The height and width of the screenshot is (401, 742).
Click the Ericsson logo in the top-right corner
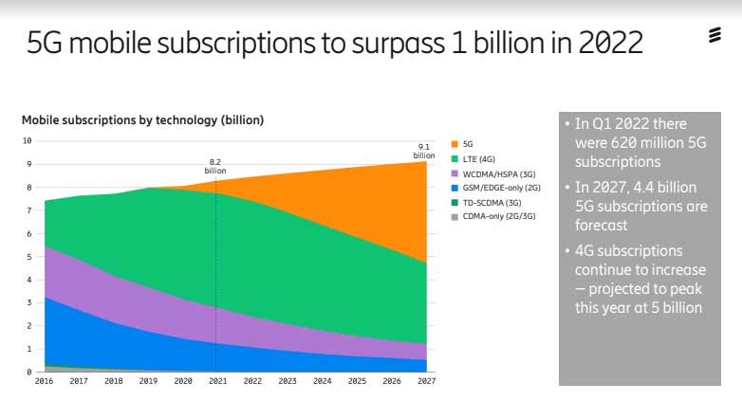pyautogui.click(x=714, y=37)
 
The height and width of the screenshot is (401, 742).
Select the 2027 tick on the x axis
pyautogui.click(x=425, y=382)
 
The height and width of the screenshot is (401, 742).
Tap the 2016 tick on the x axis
pyautogui.click(x=44, y=382)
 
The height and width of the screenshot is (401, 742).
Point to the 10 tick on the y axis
pyautogui.click(x=28, y=140)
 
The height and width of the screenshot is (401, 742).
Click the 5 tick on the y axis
pyautogui.click(x=29, y=257)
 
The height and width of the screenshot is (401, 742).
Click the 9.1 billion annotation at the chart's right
pyautogui.click(x=423, y=151)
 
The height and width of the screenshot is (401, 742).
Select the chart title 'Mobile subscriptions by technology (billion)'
pyautogui.click(x=142, y=120)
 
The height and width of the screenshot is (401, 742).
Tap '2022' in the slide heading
pyautogui.click(x=605, y=43)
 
